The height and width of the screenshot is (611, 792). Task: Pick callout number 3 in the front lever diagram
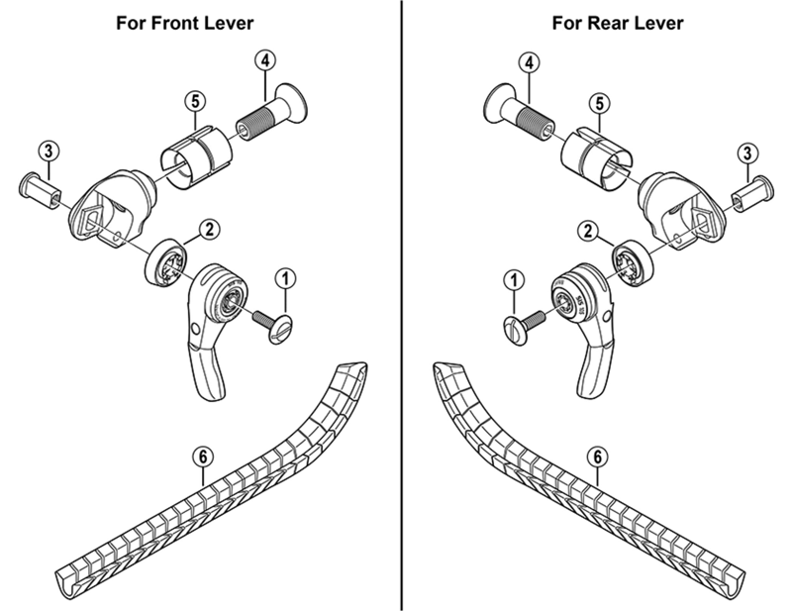click(48, 152)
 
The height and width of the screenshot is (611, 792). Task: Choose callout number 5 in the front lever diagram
click(194, 101)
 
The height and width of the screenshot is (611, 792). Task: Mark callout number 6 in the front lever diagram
click(202, 458)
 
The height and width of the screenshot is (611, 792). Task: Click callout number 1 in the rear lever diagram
click(514, 282)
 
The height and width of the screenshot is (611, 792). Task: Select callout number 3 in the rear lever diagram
click(748, 152)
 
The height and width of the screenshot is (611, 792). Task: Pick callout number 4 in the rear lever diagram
click(531, 61)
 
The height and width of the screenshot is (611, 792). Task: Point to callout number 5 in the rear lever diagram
click(600, 103)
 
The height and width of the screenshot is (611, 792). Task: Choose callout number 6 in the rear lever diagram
click(596, 458)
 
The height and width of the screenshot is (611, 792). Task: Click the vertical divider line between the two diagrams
click(402, 327)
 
